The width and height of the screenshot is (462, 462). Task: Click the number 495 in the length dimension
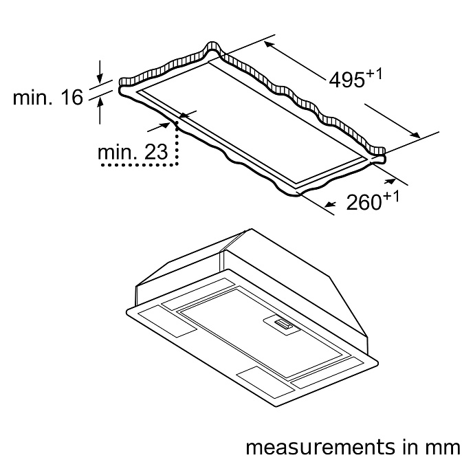(346, 80)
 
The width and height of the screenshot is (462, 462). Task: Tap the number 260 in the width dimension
(364, 203)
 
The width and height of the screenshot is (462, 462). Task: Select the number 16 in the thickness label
(72, 97)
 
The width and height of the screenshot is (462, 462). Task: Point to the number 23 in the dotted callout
(156, 152)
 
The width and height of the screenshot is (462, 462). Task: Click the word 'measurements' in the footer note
(320, 447)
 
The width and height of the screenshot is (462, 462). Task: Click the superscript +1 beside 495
(374, 74)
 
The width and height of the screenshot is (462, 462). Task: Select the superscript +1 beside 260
(391, 197)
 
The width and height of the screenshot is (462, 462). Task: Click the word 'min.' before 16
(33, 97)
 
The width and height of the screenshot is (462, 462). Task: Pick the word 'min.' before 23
(117, 152)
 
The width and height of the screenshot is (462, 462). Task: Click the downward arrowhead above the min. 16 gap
(100, 78)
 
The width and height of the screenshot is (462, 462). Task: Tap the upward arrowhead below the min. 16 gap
(100, 102)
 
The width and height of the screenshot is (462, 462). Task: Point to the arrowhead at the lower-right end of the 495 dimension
(415, 135)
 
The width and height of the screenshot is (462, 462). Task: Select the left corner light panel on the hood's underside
(167, 321)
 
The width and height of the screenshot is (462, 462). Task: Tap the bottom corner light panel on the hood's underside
(265, 383)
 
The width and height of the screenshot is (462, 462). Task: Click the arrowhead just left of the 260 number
(330, 204)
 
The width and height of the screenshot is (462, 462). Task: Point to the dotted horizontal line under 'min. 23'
(140, 165)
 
